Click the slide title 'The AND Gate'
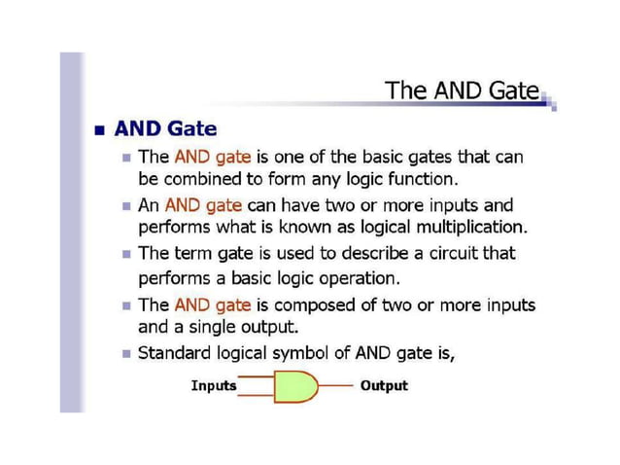tap(462, 90)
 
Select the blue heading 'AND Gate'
tap(165, 128)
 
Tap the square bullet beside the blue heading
tap(97, 129)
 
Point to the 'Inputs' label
tap(214, 386)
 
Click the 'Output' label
tap(384, 386)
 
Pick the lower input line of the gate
tap(257, 394)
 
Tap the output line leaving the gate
tap(336, 386)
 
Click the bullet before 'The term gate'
tap(127, 254)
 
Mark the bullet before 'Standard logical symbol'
tap(127, 353)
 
